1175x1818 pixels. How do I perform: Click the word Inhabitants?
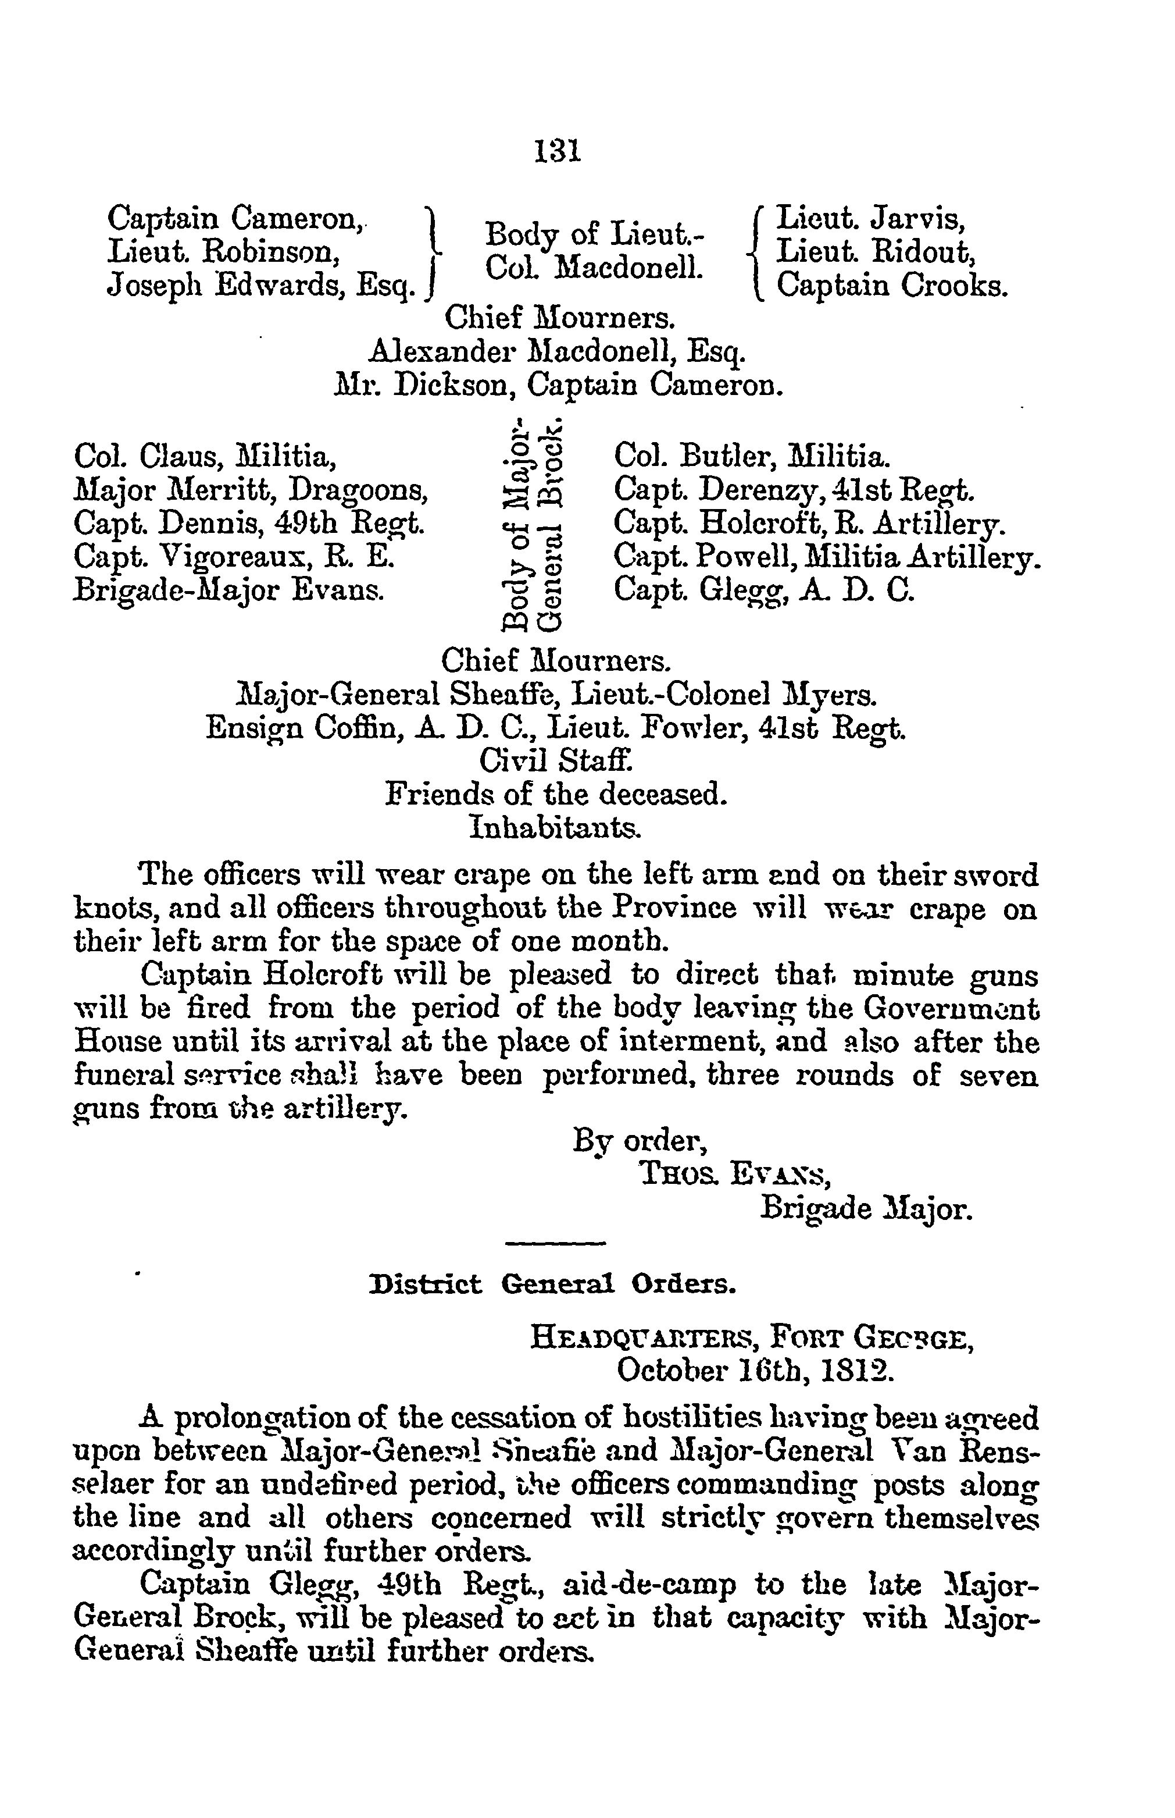[555, 827]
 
